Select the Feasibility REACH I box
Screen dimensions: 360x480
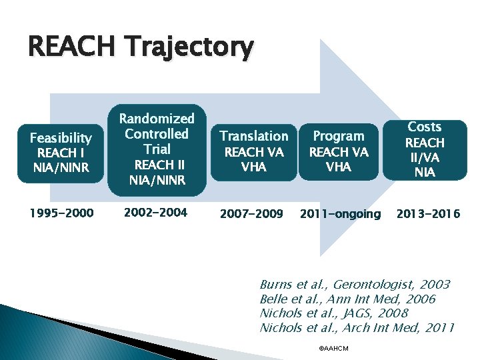[61, 153]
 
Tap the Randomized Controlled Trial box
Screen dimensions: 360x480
[157, 149]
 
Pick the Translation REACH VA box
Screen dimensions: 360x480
[253, 151]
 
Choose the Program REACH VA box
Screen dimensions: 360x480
[338, 151]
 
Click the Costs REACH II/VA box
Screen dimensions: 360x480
[425, 149]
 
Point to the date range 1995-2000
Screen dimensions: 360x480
[61, 213]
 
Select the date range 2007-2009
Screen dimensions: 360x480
[251, 214]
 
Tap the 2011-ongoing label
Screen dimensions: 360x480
[340, 214]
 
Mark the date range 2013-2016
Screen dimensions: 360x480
[428, 214]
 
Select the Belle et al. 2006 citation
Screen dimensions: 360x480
[347, 299]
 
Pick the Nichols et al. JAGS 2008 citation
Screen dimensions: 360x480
[333, 313]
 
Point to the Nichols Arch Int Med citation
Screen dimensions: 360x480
[357, 327]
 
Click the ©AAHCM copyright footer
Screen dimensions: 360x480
[334, 349]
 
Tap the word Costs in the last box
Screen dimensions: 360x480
[425, 127]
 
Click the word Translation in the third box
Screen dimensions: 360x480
[253, 136]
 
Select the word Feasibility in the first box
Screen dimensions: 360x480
[61, 138]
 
